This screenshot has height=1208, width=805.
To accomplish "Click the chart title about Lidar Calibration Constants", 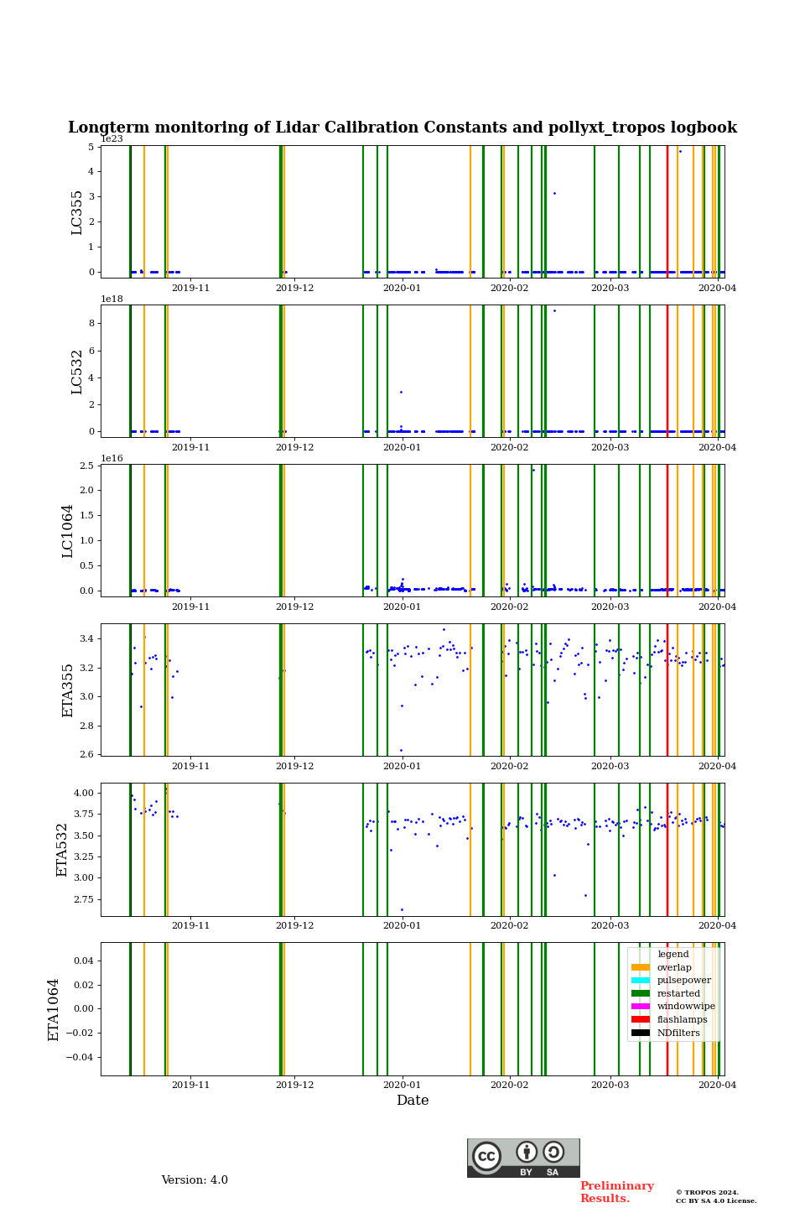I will (402, 128).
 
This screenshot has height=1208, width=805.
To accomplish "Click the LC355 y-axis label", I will (77, 212).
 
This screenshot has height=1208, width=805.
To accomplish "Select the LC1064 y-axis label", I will (68, 531).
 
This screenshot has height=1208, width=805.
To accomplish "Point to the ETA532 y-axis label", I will (62, 850).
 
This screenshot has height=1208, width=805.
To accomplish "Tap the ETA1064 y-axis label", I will (54, 1009).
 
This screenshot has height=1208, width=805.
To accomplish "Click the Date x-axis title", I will (413, 1101).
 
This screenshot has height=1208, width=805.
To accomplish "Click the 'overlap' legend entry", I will (673, 967).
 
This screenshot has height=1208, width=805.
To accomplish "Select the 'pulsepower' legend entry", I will (683, 980).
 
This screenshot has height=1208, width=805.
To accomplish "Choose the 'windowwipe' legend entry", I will (685, 1007).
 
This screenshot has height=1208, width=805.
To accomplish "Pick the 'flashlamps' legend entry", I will (682, 1020).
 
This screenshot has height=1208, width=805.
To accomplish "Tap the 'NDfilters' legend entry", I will (678, 1033).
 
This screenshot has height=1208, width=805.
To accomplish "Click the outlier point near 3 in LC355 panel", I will (554, 193).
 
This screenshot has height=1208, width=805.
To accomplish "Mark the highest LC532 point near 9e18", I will (554, 310).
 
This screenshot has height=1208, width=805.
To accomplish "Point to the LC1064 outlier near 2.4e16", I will (533, 470).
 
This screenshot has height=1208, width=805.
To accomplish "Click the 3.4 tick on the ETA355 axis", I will (86, 639).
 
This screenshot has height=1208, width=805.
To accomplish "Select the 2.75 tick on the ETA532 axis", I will (83, 899).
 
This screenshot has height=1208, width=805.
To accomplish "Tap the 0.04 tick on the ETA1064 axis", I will (83, 961).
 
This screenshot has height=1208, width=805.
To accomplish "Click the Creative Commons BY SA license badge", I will (523, 1158).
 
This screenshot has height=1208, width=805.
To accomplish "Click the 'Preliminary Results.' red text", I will (616, 1192).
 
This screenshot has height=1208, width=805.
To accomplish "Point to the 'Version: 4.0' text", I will (195, 1180).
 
